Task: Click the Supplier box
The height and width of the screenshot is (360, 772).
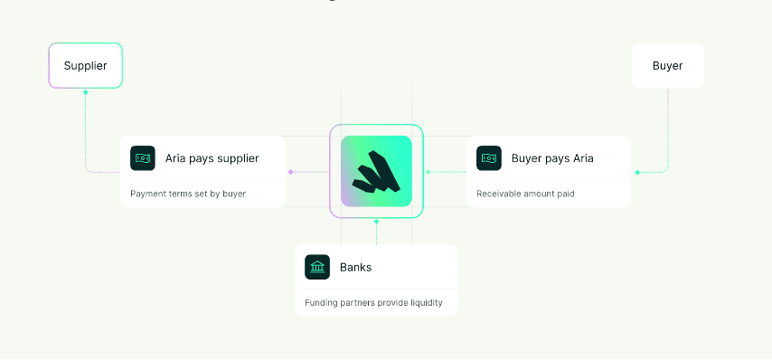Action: pos(85,66)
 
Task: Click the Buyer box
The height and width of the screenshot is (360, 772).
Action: pos(667,66)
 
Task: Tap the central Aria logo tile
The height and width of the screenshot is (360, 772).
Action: pos(376,171)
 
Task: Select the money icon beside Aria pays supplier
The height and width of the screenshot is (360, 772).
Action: pos(142,158)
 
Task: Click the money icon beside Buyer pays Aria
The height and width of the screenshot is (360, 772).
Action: pos(488,158)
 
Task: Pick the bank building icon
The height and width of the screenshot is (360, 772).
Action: pos(317,267)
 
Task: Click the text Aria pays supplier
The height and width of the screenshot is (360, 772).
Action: pos(212,158)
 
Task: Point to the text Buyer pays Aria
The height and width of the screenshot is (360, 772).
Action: pos(552,158)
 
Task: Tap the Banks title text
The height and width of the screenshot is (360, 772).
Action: pos(355,267)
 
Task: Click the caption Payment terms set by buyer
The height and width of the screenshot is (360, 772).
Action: pos(188,194)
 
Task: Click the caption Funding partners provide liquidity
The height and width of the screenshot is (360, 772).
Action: pos(373,302)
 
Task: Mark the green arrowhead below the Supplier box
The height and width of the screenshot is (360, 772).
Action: pos(85,92)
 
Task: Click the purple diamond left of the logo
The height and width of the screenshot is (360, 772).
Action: pos(290,171)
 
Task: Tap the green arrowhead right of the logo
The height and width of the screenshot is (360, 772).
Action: pos(428,171)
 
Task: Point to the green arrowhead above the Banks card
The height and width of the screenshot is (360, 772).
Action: pos(376,221)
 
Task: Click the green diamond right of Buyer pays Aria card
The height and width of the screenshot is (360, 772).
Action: pos(637,172)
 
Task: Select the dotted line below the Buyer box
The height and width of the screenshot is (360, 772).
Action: pos(668,127)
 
